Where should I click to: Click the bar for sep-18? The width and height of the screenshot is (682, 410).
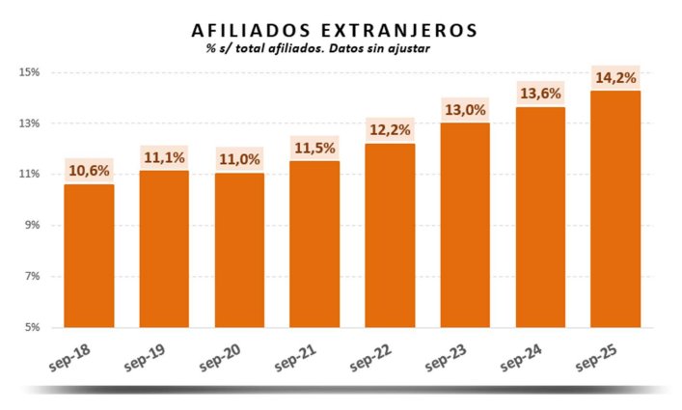pyautogui.click(x=89, y=256)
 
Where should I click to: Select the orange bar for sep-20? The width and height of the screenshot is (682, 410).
pyautogui.click(x=239, y=250)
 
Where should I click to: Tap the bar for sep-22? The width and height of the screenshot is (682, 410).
pyautogui.click(x=390, y=235)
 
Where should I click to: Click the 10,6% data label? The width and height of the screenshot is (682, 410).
pyautogui.click(x=89, y=172)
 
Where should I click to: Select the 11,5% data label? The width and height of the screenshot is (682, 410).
pyautogui.click(x=314, y=149)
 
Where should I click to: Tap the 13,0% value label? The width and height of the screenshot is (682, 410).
pyautogui.click(x=465, y=110)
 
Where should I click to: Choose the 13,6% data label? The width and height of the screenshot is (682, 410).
pyautogui.click(x=540, y=94)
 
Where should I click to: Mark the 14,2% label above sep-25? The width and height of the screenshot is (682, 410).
pyautogui.click(x=615, y=78)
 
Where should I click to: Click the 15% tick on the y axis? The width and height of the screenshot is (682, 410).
pyautogui.click(x=28, y=72)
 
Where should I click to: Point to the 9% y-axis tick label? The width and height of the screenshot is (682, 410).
pyautogui.click(x=31, y=225)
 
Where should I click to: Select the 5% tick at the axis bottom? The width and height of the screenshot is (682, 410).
pyautogui.click(x=31, y=327)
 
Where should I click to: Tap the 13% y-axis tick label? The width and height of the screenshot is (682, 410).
pyautogui.click(x=28, y=123)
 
